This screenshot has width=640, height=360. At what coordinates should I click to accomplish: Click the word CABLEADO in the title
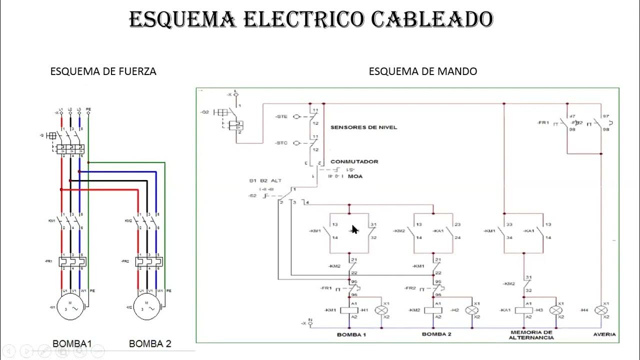click(x=432, y=20)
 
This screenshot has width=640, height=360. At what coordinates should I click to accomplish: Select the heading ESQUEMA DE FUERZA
click(x=103, y=71)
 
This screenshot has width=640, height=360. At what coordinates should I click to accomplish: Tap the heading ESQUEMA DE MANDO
click(x=422, y=71)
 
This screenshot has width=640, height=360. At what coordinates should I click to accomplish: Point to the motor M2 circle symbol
click(x=147, y=307)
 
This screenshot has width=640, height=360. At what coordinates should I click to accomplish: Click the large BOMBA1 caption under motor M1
click(x=72, y=344)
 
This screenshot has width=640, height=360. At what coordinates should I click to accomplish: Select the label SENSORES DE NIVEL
click(x=363, y=127)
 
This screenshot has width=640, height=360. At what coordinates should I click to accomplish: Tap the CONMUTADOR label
click(x=354, y=161)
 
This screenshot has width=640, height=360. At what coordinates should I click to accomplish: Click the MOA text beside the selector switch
click(x=355, y=176)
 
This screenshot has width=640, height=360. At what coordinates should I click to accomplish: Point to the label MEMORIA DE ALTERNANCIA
click(x=531, y=334)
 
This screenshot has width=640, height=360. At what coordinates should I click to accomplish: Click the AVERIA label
click(x=604, y=334)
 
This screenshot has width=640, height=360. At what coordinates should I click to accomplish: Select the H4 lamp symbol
click(x=601, y=310)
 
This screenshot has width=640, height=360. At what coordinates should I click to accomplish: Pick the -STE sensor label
click(x=281, y=116)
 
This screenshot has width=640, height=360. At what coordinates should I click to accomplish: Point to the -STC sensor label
click(x=281, y=143)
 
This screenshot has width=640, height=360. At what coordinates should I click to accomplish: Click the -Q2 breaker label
click(x=204, y=112)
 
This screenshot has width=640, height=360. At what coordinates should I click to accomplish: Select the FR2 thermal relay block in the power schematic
click(x=150, y=261)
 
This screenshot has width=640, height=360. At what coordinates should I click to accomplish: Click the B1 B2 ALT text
click(x=265, y=180)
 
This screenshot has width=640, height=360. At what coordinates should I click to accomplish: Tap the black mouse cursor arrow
click(x=354, y=229)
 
